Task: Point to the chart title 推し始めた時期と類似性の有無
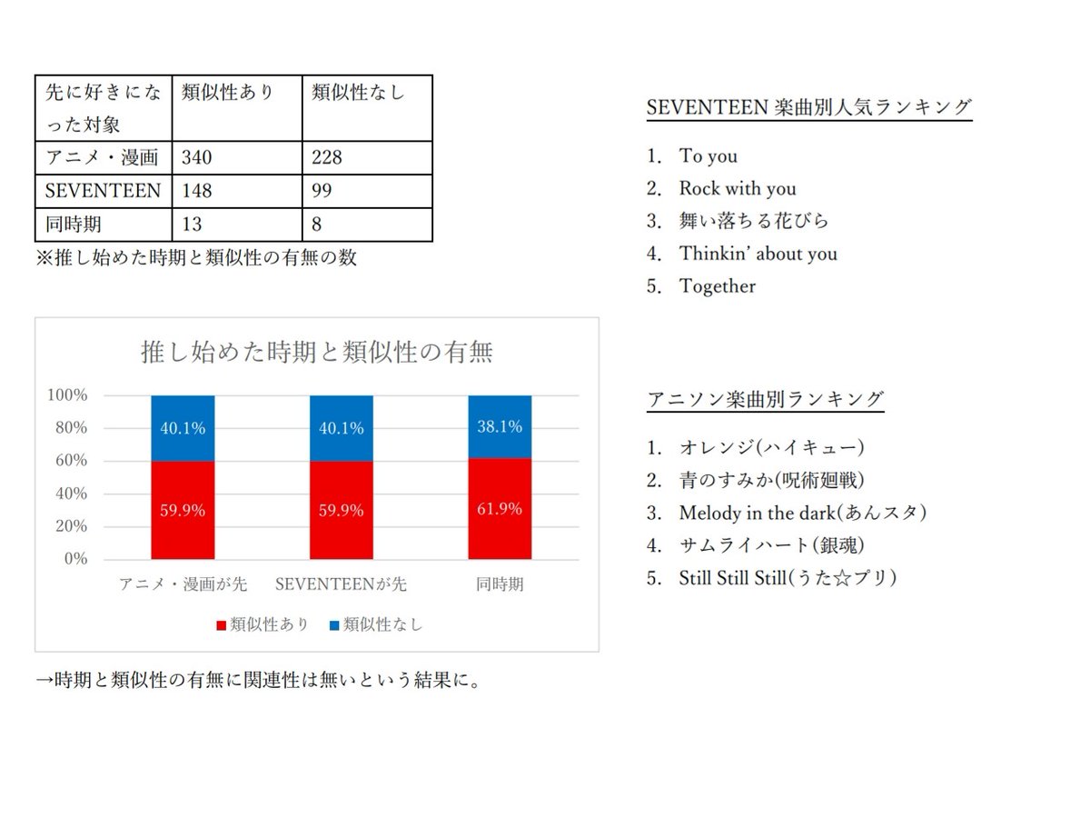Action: click(x=317, y=353)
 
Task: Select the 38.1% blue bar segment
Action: click(x=500, y=427)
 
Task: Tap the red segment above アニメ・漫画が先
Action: click(x=183, y=510)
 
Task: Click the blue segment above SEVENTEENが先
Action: click(x=341, y=428)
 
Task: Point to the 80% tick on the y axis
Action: click(x=69, y=428)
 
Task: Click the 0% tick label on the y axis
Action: click(x=75, y=559)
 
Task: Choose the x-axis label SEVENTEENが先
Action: click(x=341, y=584)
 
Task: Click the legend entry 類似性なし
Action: click(x=375, y=624)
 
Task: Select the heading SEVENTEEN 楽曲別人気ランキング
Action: click(x=809, y=107)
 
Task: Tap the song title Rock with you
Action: click(x=737, y=188)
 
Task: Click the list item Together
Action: click(x=717, y=286)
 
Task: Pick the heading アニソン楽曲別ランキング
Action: click(x=766, y=399)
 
